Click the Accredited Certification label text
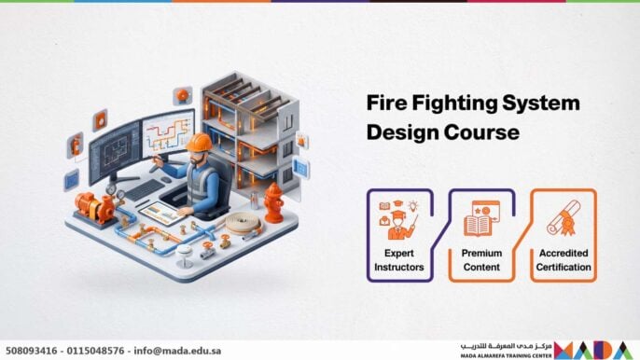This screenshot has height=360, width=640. pyautogui.click(x=563, y=260)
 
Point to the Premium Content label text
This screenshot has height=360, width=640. pyautogui.click(x=482, y=260)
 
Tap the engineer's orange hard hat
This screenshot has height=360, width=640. pyautogui.click(x=199, y=142)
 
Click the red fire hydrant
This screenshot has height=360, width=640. pyautogui.click(x=273, y=201)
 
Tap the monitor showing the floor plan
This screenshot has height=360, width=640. pyautogui.click(x=114, y=150)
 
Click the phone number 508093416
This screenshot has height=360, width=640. pyautogui.click(x=32, y=351)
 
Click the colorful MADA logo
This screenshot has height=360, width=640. pyautogui.click(x=596, y=350)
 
